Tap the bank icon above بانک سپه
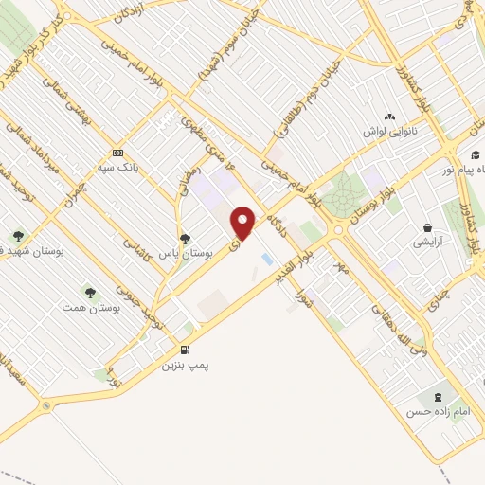117,153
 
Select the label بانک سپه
119,167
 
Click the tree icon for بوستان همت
90,293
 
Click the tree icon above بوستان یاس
185,239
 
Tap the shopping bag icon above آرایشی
429,227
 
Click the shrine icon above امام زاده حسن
437,397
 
